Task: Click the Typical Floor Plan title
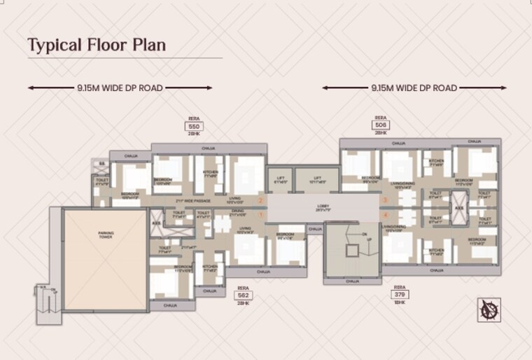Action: pos(97,46)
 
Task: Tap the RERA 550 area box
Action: pos(194,126)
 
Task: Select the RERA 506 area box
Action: pos(381,125)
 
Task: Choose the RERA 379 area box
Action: pos(400,295)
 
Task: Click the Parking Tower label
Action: pos(106,235)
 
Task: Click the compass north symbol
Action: pos(489,310)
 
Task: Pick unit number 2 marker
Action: pos(260,201)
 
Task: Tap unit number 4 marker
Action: pos(384,216)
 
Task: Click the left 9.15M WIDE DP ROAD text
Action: pos(120,88)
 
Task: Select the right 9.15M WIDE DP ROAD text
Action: pos(414,88)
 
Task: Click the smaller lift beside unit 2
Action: pos(281,180)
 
